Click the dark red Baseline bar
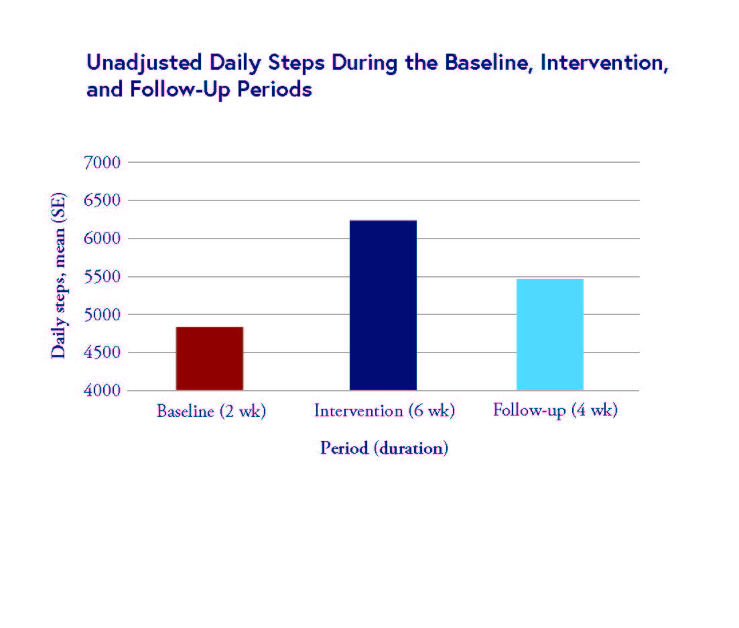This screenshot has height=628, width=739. click(x=209, y=359)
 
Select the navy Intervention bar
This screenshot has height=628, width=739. click(x=383, y=305)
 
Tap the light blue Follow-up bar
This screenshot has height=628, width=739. click(x=549, y=334)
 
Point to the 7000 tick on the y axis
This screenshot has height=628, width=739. click(x=101, y=163)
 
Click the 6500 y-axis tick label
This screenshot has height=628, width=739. click(x=101, y=201)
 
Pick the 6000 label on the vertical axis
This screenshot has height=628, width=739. click(x=101, y=239)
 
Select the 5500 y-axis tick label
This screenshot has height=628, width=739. click(x=101, y=277)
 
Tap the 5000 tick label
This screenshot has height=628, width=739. click(x=101, y=315)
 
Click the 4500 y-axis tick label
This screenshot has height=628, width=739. click(x=101, y=353)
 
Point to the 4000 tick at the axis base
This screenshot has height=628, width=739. click(x=101, y=391)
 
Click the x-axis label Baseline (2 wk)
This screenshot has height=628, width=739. click(x=211, y=411)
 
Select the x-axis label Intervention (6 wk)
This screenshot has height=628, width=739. click(x=384, y=411)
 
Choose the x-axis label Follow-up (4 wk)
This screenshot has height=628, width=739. click(x=555, y=410)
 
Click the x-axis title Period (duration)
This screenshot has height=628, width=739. click(x=384, y=448)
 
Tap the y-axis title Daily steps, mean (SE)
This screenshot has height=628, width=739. click(x=59, y=276)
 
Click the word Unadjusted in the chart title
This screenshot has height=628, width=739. click(x=144, y=63)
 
